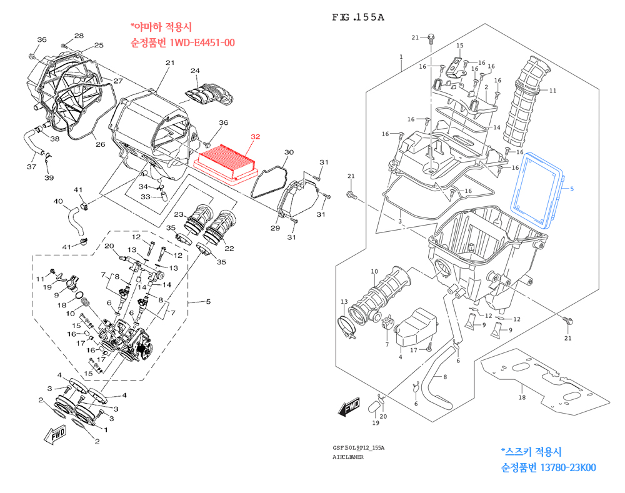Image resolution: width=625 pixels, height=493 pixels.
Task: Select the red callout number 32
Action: [x=255, y=136]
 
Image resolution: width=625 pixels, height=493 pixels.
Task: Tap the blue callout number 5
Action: [x=571, y=187]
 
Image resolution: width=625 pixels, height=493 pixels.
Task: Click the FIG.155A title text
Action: [x=357, y=17]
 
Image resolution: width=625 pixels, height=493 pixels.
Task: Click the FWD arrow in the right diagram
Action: [x=349, y=407]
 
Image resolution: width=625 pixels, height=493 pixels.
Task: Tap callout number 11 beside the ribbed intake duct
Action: [x=552, y=91]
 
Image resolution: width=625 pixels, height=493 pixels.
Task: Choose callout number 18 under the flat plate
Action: [x=522, y=397]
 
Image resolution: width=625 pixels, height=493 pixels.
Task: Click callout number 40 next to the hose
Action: [x=58, y=201]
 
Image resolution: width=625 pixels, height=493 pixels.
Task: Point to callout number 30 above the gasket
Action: [x=289, y=152]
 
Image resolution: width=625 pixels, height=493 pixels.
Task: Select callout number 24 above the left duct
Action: [x=194, y=71]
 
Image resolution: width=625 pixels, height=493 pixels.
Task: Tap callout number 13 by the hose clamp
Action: [x=344, y=302]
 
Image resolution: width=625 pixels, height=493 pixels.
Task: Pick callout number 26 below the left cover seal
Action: [x=100, y=145]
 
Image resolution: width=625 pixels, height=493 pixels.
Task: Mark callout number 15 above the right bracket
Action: [x=459, y=46]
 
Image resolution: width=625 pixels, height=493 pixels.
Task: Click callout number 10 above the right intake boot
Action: [x=374, y=271]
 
